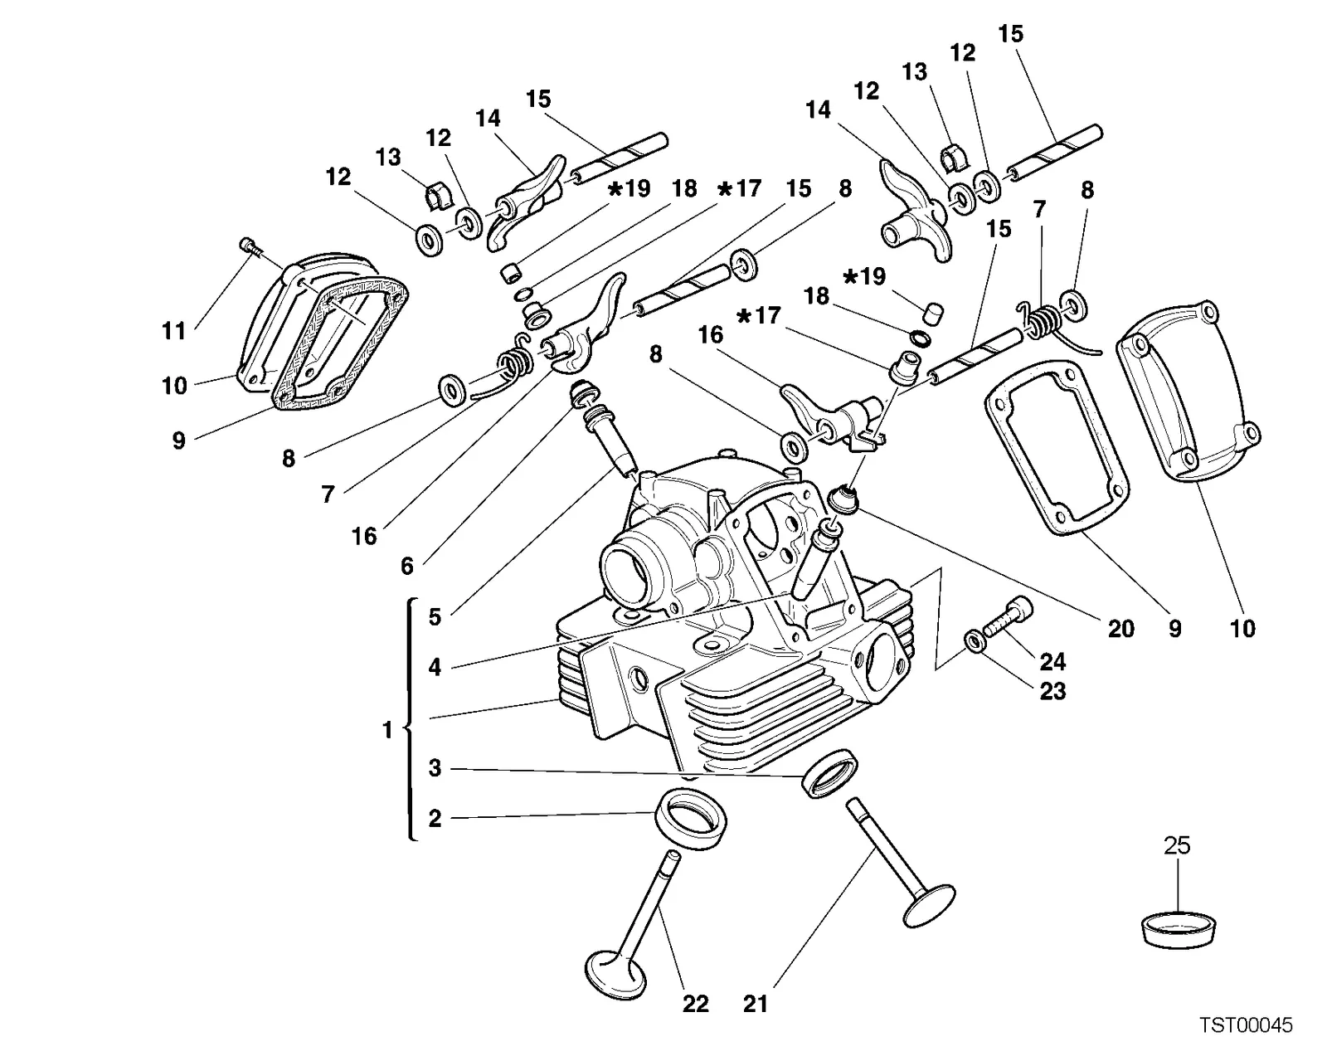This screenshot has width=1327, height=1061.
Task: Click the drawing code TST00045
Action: pyautogui.click(x=1246, y=1024)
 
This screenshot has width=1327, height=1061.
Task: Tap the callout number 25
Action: pyautogui.click(x=1177, y=845)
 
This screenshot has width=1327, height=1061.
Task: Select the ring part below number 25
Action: pyautogui.click(x=1178, y=930)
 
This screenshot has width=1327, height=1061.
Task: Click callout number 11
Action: pyautogui.click(x=173, y=331)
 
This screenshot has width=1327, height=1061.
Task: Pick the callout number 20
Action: pyautogui.click(x=1121, y=629)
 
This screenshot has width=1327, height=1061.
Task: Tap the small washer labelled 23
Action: pyautogui.click(x=974, y=641)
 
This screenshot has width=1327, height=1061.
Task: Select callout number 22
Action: pyautogui.click(x=696, y=1004)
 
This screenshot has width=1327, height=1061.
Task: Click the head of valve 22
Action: pyautogui.click(x=616, y=976)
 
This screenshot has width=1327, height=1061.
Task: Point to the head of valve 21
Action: pyautogui.click(x=929, y=906)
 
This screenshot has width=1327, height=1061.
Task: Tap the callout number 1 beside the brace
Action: pyautogui.click(x=387, y=730)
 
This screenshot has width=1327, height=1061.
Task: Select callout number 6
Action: pyautogui.click(x=407, y=566)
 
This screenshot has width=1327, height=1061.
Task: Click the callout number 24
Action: pyautogui.click(x=1052, y=662)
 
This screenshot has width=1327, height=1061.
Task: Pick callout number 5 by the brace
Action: pyautogui.click(x=435, y=617)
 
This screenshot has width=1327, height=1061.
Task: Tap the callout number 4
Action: pyautogui.click(x=435, y=667)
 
